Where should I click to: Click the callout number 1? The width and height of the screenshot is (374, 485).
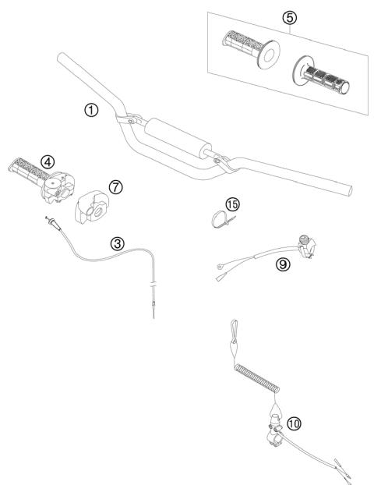[x=92, y=110]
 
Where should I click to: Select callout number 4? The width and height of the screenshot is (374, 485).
[x=48, y=161]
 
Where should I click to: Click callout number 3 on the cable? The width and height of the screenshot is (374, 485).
[x=117, y=243]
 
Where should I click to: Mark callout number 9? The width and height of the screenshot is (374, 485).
[x=283, y=264]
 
